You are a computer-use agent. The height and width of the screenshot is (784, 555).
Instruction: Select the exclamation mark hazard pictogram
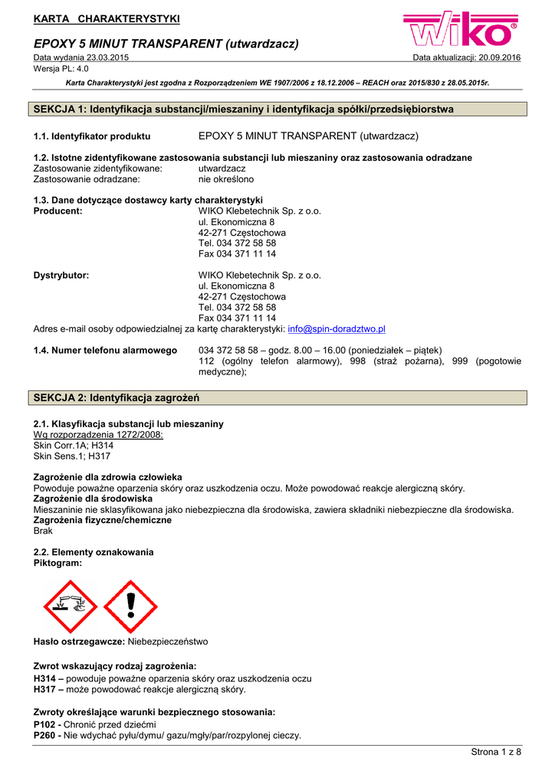[130, 606]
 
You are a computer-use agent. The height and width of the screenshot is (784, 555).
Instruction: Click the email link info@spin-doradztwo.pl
[336, 329]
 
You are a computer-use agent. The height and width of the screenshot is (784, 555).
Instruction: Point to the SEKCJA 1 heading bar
[277, 109]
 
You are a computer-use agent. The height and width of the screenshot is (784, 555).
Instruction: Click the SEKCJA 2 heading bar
[277, 398]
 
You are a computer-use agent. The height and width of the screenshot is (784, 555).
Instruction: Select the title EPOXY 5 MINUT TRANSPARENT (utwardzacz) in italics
[166, 44]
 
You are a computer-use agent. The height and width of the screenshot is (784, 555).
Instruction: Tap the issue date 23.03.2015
[107, 58]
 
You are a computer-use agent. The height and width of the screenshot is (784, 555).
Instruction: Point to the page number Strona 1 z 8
[495, 752]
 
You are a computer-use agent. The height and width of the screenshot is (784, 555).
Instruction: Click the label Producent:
[58, 211]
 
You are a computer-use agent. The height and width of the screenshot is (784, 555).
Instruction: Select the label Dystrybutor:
[61, 276]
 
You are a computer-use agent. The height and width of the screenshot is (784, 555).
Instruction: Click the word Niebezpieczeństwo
[167, 642]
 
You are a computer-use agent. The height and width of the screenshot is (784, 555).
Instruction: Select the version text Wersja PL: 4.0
[61, 69]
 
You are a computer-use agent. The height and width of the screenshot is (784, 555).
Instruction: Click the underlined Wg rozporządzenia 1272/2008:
[98, 435]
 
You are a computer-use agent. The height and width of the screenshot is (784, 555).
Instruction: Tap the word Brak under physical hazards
[44, 531]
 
